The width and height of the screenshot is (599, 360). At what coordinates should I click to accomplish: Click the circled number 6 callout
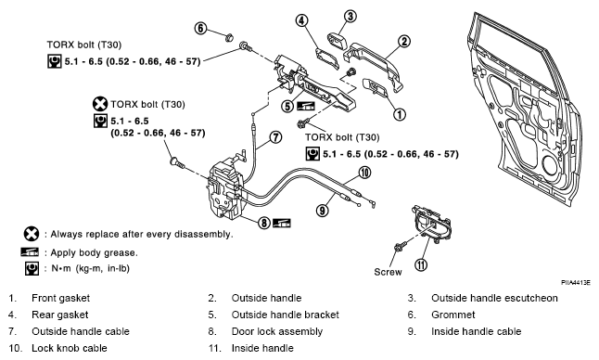tap(200, 28)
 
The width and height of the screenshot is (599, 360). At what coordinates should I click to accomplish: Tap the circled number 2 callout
tap(404, 41)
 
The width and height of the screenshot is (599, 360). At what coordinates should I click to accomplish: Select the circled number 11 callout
tap(421, 264)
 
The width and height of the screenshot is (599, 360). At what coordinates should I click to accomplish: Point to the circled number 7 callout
tap(275, 136)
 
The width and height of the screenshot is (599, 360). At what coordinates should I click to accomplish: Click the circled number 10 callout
tap(364, 173)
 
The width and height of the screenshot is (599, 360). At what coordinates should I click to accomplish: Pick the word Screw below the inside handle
tap(388, 272)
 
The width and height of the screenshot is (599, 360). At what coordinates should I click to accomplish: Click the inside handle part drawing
tap(430, 223)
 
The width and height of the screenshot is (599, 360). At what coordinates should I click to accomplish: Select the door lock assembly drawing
tap(226, 191)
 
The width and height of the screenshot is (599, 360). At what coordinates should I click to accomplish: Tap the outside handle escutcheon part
tap(337, 39)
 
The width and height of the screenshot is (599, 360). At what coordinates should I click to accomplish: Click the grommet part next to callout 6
tap(229, 37)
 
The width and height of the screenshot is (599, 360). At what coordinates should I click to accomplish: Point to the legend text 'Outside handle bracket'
tap(285, 315)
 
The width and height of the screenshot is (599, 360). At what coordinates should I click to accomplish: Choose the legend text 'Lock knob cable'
tap(70, 348)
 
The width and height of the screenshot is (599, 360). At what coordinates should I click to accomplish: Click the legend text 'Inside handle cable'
tap(476, 331)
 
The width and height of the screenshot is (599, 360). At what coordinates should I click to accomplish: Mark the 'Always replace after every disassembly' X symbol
tap(32, 234)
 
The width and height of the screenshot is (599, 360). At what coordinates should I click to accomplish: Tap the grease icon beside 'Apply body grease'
tap(30, 252)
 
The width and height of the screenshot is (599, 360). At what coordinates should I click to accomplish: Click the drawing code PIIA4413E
tap(575, 283)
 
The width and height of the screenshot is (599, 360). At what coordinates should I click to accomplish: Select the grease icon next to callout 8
tap(282, 223)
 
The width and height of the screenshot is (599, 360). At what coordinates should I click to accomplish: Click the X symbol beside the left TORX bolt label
tap(100, 104)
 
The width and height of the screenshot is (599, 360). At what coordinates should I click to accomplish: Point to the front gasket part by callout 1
tap(376, 87)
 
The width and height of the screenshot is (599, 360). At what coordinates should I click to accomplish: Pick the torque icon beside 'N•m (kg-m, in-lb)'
tap(32, 268)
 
